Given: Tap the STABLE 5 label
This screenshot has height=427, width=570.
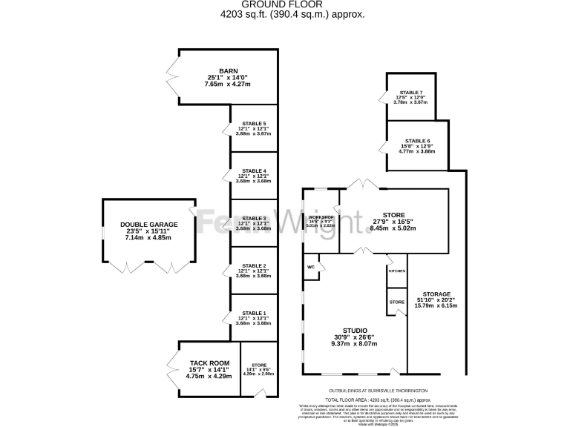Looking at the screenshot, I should (x=254, y=123).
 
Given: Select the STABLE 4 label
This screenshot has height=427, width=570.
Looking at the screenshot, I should (x=254, y=171).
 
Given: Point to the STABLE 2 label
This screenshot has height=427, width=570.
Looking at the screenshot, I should (x=254, y=265).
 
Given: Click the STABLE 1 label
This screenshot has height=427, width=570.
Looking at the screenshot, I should (x=254, y=314).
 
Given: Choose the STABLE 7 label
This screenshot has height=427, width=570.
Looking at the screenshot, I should (x=410, y=93).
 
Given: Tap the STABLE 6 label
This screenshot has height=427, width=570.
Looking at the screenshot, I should (x=418, y=140).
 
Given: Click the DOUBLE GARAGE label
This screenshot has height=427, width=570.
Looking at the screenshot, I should (x=149, y=224).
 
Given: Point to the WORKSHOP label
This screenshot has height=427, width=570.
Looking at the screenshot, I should (x=322, y=216).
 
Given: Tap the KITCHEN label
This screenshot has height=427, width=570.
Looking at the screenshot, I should (x=397, y=271).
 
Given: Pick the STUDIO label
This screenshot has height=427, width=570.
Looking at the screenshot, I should (x=354, y=330).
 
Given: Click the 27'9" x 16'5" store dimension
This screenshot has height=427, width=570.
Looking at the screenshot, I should (x=393, y=222).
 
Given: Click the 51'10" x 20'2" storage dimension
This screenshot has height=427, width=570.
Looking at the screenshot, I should (x=436, y=299).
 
